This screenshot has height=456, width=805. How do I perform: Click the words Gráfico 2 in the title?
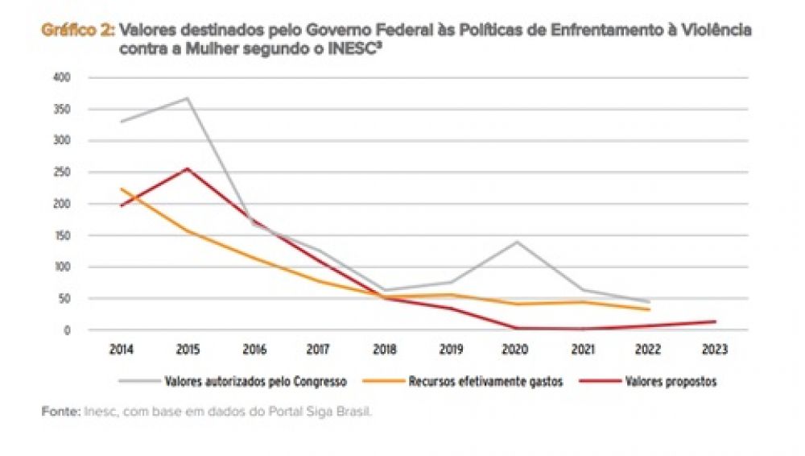click(76, 30)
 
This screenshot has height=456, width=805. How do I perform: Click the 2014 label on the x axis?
click(122, 350)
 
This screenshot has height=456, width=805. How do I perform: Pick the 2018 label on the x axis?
click(385, 350)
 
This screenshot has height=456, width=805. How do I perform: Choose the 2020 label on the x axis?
click(517, 350)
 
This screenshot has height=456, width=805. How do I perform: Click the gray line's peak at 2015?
click(188, 98)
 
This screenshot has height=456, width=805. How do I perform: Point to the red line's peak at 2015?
click(188, 168)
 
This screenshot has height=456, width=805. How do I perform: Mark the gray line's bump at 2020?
click(517, 242)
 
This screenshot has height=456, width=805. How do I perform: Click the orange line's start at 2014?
click(122, 189)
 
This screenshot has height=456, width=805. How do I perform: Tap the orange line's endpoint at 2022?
click(649, 309)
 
